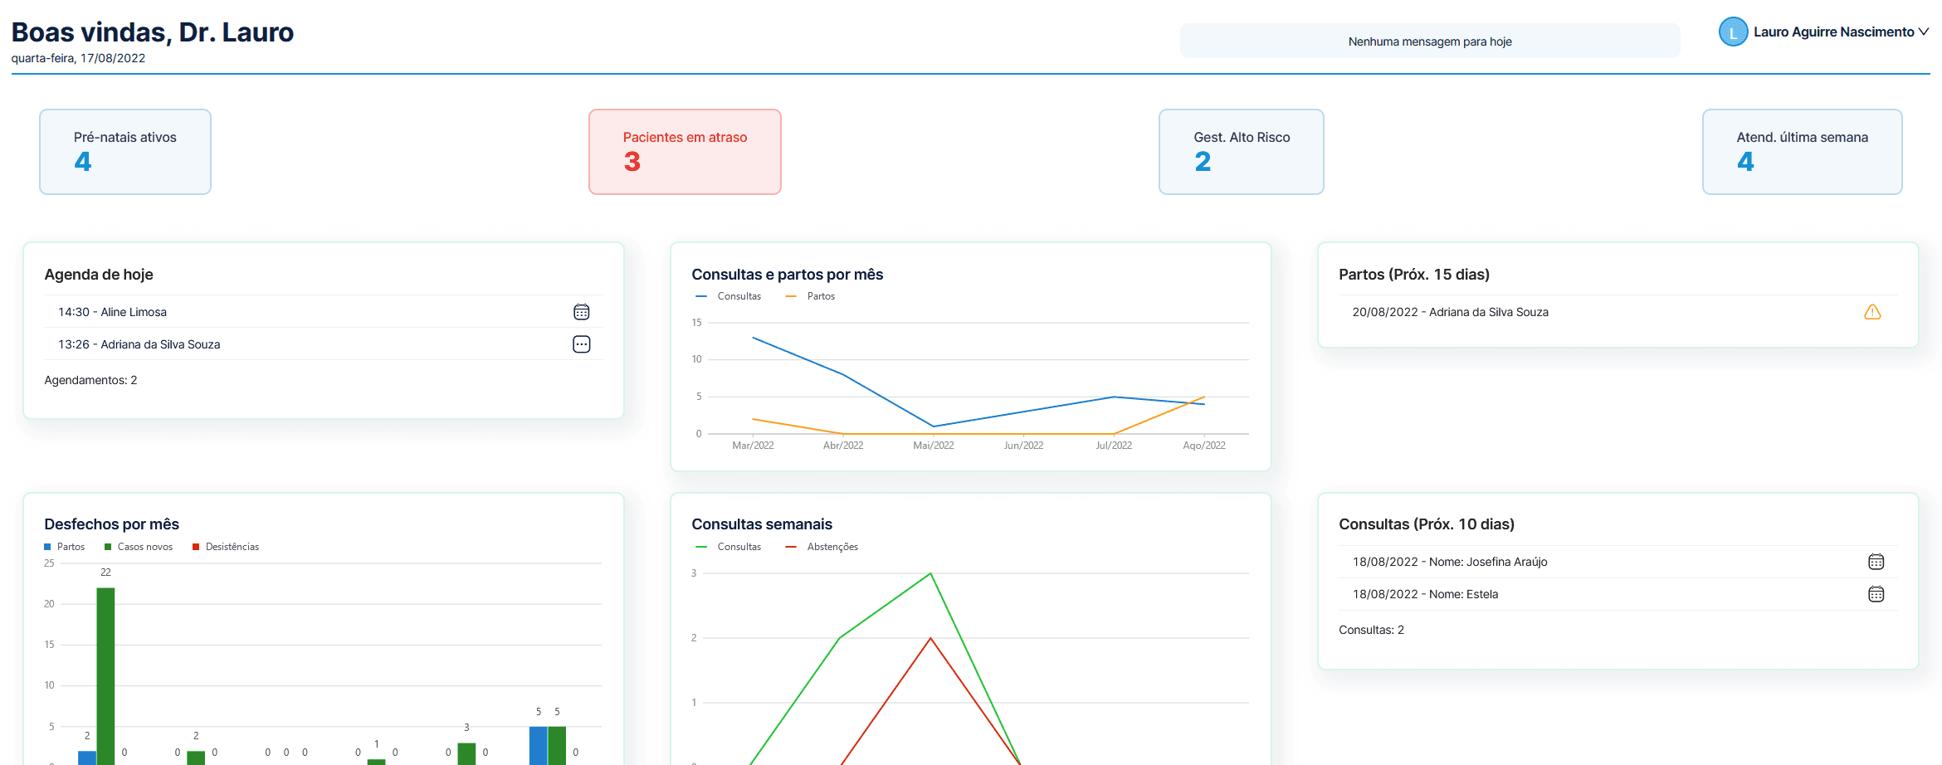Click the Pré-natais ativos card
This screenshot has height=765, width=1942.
pos(125,152)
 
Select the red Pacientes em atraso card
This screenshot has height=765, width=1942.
pos(685,152)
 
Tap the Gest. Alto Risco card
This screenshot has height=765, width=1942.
pos(1241,152)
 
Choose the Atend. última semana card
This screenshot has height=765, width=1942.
pos(1802,152)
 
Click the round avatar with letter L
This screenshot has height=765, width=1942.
pos(1733,32)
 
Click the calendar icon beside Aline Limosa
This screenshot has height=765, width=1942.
pos(582,312)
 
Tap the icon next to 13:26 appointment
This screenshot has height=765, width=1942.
pos(582,344)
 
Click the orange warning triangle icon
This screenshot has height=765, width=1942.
pos(1872,312)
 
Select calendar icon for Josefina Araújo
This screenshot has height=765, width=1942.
pos(1876,562)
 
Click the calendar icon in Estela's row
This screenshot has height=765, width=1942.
pos(1876,594)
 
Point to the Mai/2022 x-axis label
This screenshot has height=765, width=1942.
pos(933,446)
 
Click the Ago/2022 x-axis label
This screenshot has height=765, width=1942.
pos(1203,446)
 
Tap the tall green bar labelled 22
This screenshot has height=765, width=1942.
pos(105,672)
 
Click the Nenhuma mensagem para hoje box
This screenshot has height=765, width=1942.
pos(1429,41)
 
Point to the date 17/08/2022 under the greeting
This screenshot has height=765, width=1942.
pos(112,58)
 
